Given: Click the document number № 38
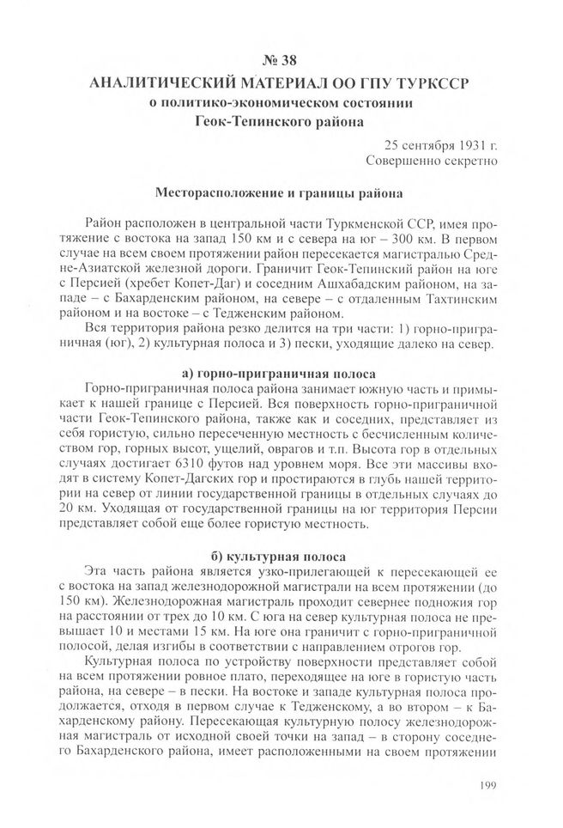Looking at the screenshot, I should [281, 61].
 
